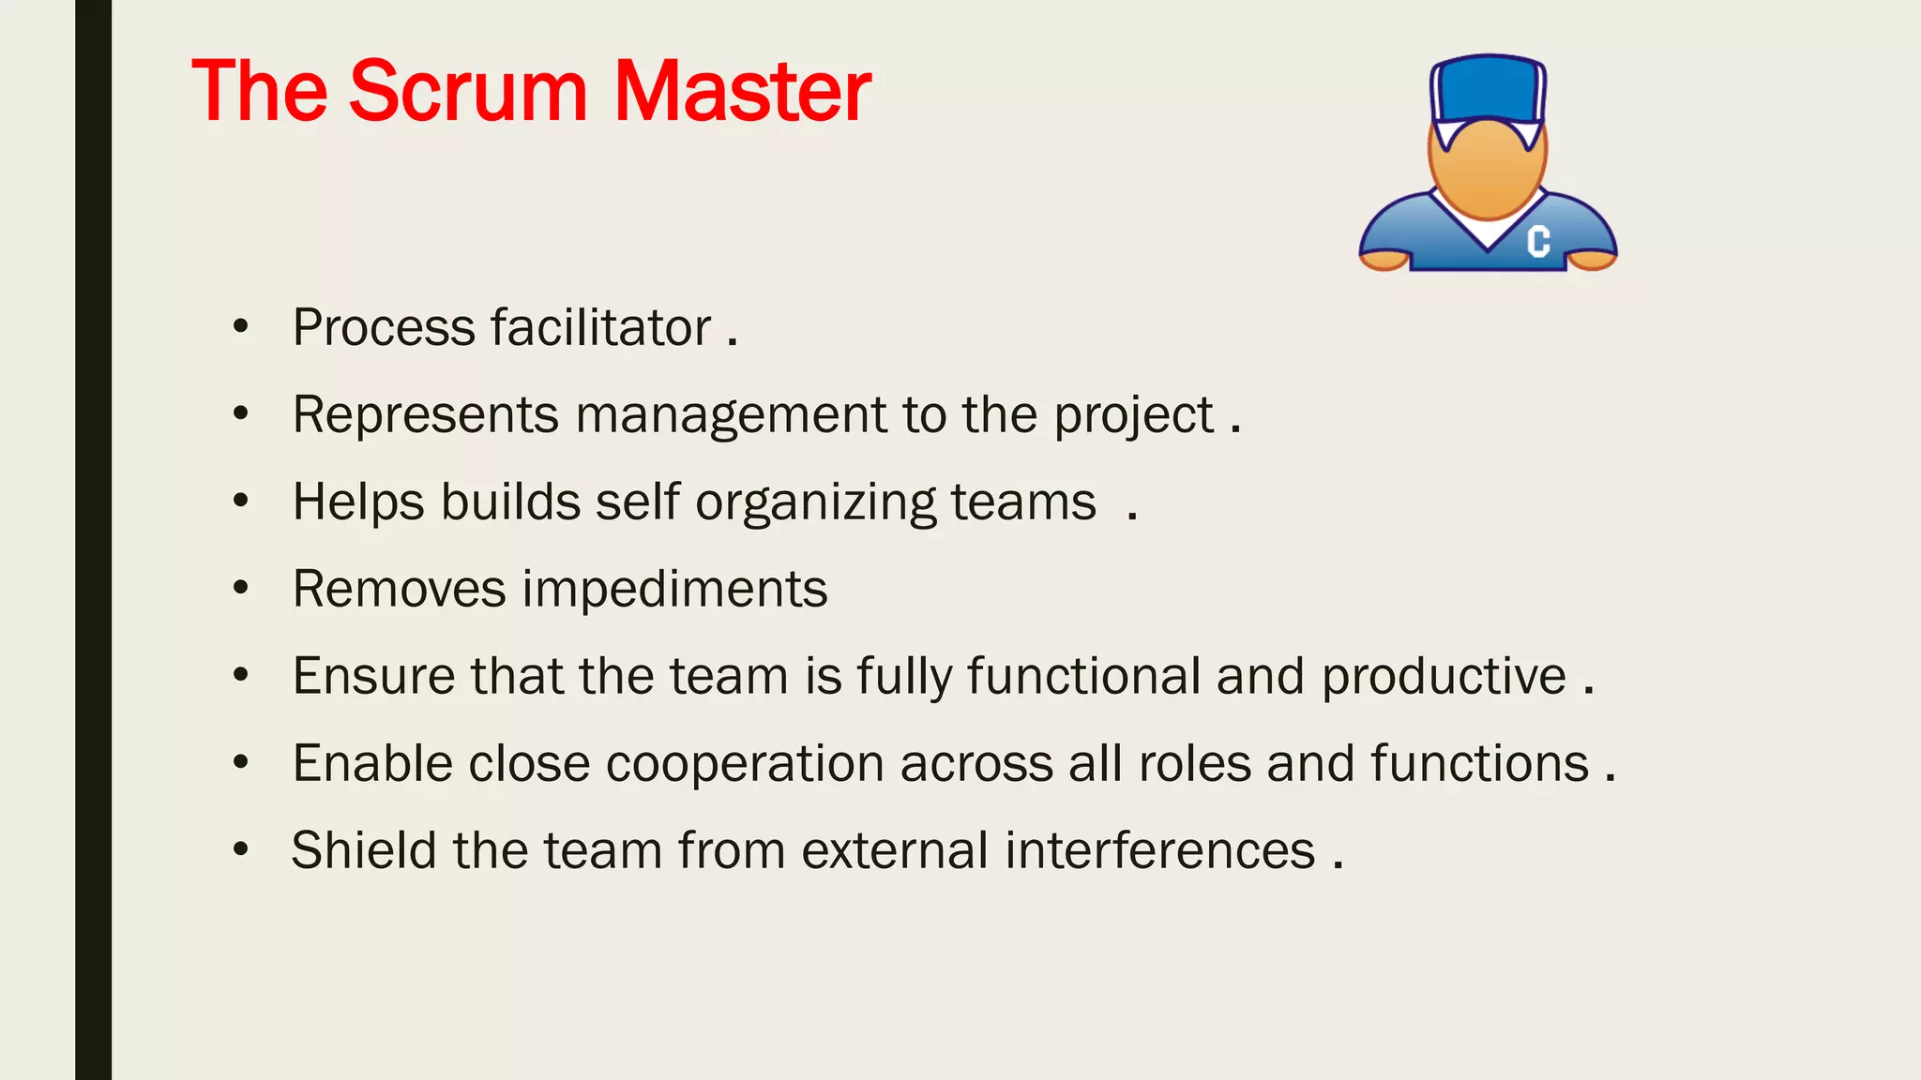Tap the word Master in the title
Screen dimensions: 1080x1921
tap(742, 91)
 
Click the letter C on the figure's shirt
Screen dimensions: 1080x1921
tap(1538, 241)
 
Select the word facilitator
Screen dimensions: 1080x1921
tap(601, 328)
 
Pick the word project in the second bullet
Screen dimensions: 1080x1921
tap(1133, 415)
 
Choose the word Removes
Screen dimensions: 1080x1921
tap(399, 590)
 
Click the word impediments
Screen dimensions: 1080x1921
tap(674, 590)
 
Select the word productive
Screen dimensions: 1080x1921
tap(1444, 677)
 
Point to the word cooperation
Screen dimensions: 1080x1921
tap(745, 763)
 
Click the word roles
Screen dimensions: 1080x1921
tap(1194, 763)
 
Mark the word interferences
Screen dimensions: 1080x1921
tap(1159, 850)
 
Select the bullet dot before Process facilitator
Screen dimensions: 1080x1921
tap(241, 328)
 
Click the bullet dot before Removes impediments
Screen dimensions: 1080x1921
tap(241, 590)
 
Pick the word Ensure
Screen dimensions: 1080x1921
tap(373, 677)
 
